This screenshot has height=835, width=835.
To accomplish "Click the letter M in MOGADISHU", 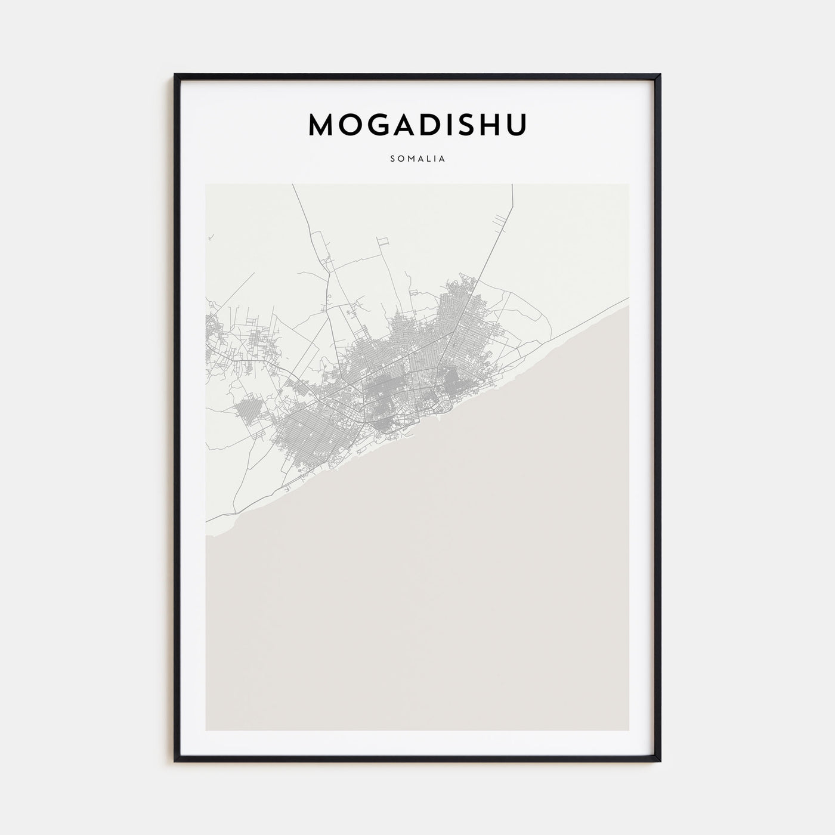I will tap(323, 124).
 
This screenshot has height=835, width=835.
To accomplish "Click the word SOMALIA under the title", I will tap(417, 159).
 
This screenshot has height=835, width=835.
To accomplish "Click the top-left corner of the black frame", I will tap(175, 75).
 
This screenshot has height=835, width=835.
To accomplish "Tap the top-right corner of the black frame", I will tap(660, 75).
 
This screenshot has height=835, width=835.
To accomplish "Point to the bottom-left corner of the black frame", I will tap(175, 762).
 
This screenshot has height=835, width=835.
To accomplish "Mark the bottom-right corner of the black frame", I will tap(660, 762).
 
